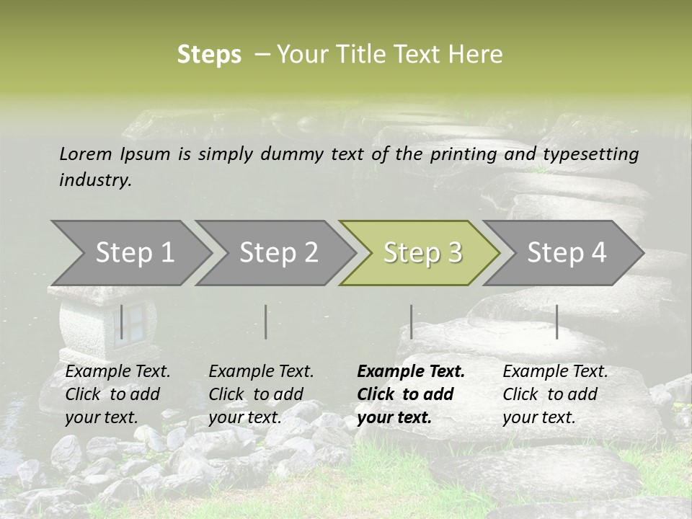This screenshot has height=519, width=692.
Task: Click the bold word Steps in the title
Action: (x=209, y=55)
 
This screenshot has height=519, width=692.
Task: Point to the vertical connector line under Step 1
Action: (x=122, y=321)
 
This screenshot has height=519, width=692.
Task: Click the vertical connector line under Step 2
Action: (x=266, y=321)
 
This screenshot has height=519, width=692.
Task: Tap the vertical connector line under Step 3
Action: (x=411, y=321)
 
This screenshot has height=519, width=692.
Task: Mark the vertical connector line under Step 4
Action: (x=556, y=321)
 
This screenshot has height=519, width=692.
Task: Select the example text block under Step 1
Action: (x=117, y=394)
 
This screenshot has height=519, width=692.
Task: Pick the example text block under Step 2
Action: (x=260, y=394)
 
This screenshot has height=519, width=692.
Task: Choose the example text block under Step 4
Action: (x=554, y=394)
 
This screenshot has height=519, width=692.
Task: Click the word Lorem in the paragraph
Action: (x=85, y=154)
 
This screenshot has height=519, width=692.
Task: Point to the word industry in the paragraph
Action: (x=94, y=180)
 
